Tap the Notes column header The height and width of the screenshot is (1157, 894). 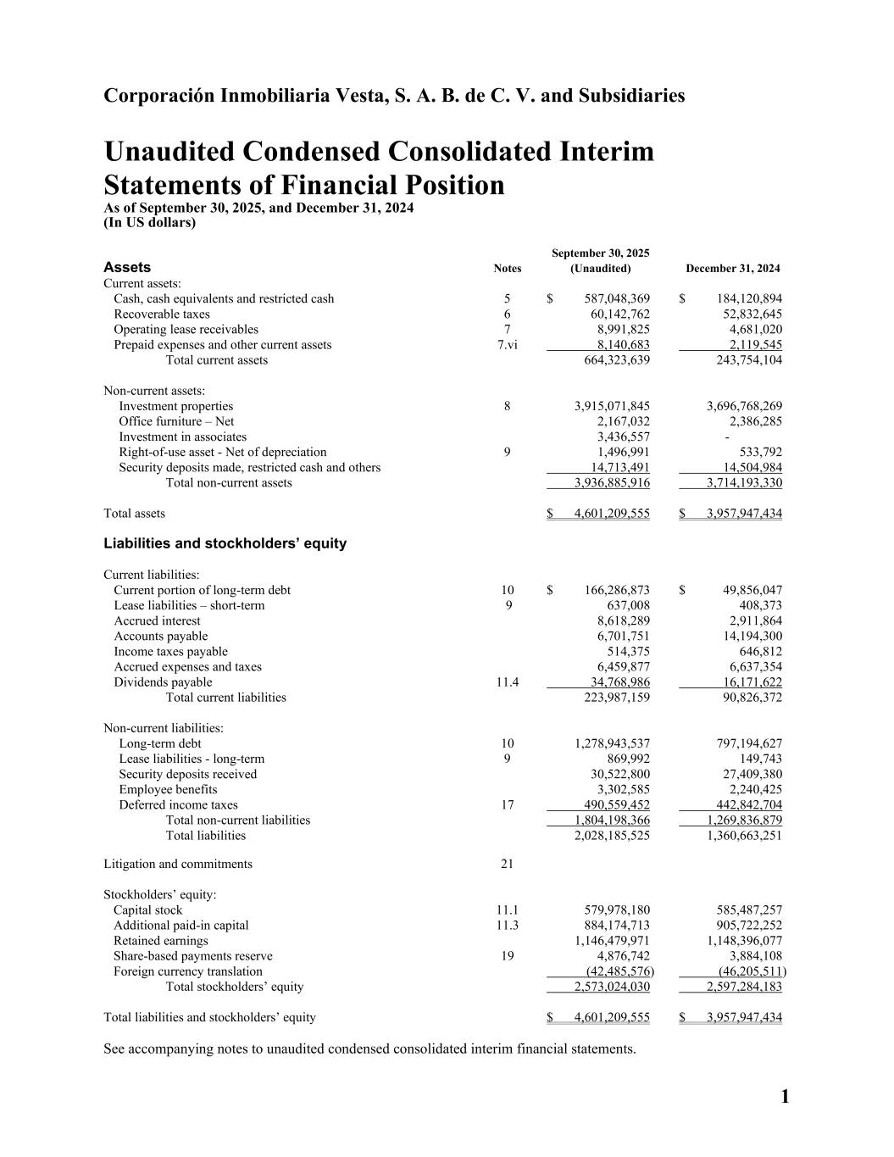pos(507,269)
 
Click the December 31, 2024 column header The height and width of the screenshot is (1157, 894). pos(732,269)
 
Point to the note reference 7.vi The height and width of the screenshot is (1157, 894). pos(507,345)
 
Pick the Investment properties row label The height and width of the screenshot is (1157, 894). pos(175,406)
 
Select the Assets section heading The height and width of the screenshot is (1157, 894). pos(127,268)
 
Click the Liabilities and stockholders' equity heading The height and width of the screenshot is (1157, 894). pos(225,543)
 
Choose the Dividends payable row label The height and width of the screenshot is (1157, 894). pos(163,682)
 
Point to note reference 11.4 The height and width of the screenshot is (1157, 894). pos(507,682)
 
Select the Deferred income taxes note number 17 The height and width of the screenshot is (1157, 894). pos(507,805)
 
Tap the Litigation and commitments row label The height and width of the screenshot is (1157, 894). pos(177,865)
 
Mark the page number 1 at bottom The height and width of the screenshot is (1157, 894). pos(784,1098)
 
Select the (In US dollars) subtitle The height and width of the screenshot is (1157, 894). pos(149,223)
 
